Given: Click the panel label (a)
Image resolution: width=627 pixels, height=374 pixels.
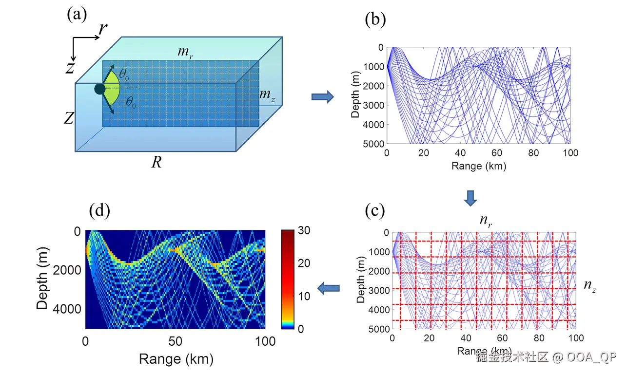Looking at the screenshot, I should click(77, 15).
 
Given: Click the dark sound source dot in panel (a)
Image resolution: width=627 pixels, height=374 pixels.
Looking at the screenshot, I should click(100, 89).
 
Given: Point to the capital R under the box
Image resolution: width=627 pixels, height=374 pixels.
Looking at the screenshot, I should click(156, 162).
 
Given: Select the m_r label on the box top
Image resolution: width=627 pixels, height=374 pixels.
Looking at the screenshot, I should click(184, 52).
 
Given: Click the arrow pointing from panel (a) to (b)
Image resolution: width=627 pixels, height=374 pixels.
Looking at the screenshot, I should click(322, 97).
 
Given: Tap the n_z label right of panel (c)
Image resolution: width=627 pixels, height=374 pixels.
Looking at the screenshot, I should click(590, 286).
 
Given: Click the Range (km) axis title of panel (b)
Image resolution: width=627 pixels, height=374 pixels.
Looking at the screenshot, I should click(478, 166).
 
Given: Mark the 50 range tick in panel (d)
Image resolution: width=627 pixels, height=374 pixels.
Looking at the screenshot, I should click(175, 341).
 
